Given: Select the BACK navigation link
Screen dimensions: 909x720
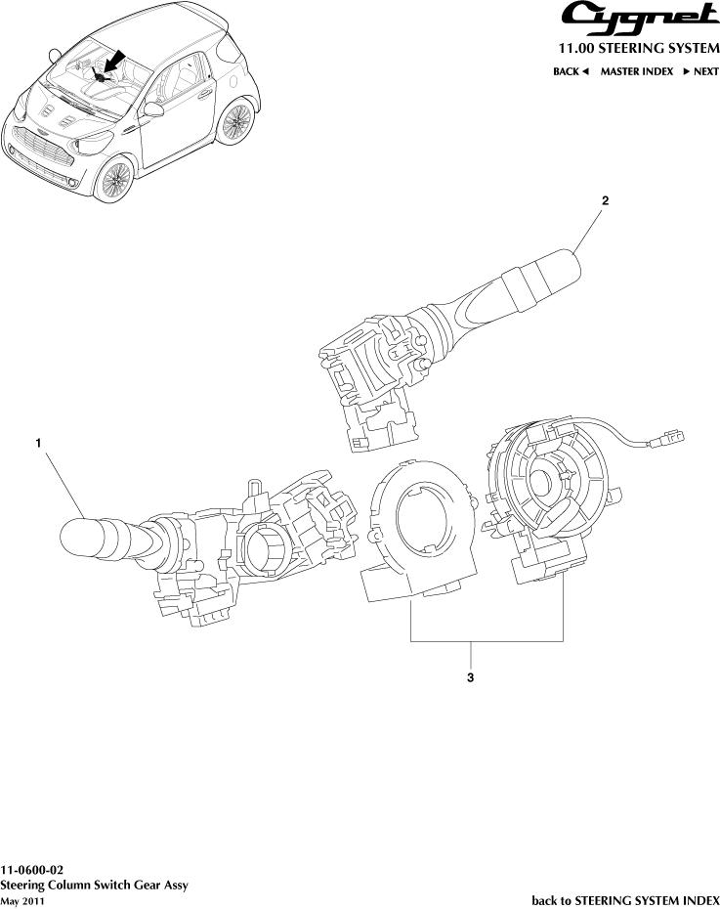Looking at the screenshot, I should pos(571,72).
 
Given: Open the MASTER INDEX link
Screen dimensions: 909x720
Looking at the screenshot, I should pos(636,72).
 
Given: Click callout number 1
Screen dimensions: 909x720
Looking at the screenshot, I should pos(38,443).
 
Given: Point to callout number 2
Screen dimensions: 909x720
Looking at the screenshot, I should pos(605,200).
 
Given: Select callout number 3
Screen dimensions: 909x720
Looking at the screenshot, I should pos(471,676).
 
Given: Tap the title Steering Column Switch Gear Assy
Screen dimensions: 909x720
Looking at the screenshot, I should pos(94,885).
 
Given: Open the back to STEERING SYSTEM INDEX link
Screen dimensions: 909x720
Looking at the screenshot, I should pos(625,899).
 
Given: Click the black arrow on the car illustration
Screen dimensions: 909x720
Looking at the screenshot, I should pos(113,62).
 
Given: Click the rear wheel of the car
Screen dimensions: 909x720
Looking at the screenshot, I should pos(234,122).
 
